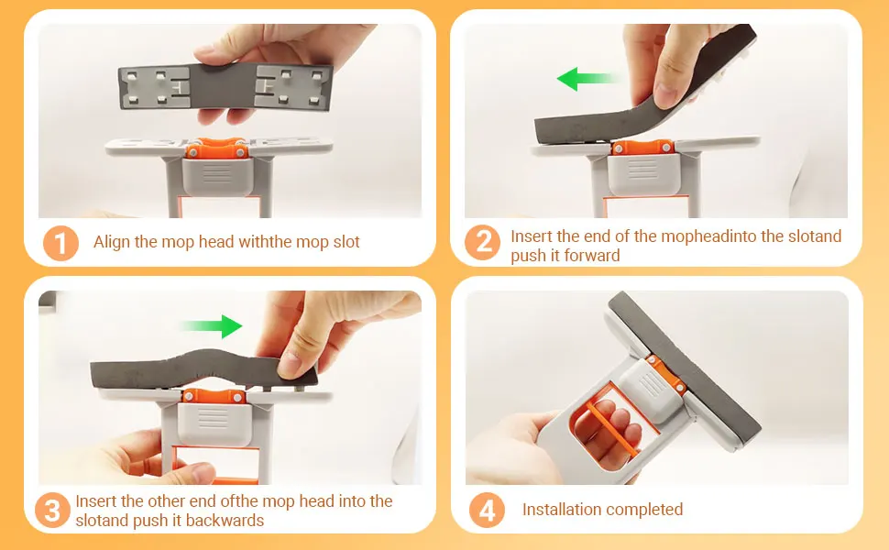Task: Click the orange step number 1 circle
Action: [60, 243]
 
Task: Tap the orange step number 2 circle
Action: [482, 243]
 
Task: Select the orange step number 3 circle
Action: [52, 510]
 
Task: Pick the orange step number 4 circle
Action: [487, 510]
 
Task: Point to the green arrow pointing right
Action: [212, 326]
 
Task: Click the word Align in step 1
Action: [112, 242]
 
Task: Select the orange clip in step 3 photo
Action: [214, 396]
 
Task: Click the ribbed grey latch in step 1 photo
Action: [216, 176]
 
